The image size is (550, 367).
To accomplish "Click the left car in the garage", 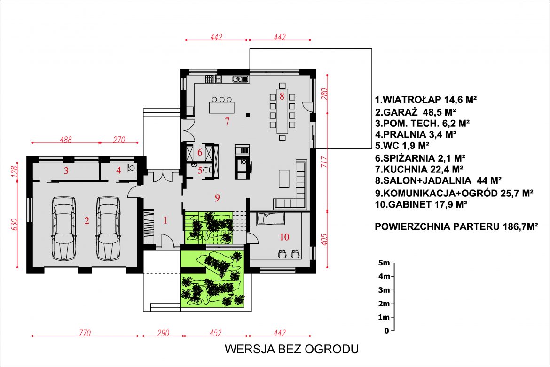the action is (64, 228).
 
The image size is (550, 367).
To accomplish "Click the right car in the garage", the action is (108, 228).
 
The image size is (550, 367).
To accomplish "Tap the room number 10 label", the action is (284, 237).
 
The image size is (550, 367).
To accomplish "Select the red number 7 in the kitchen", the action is (228, 121).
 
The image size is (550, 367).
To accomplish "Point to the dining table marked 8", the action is (283, 111).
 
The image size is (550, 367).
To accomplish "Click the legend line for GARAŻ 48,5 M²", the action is (415, 112).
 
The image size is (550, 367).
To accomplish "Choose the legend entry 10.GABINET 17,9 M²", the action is (421, 204).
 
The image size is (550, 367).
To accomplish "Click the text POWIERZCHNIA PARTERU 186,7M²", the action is (456, 227).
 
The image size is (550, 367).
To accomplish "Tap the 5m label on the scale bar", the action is (384, 263).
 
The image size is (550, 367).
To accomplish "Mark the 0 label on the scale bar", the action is (386, 330).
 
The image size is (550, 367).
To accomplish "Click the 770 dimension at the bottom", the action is (85, 332).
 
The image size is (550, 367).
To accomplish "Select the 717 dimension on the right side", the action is (324, 162).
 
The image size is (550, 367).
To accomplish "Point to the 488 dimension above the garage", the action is (66, 140).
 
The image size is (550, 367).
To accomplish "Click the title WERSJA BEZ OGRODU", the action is (291, 349).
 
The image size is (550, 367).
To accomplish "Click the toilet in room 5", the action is (208, 171).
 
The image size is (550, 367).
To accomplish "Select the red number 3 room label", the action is (66, 171).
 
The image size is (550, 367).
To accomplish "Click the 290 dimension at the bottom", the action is (164, 332).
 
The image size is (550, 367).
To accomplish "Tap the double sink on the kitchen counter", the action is (241, 79).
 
